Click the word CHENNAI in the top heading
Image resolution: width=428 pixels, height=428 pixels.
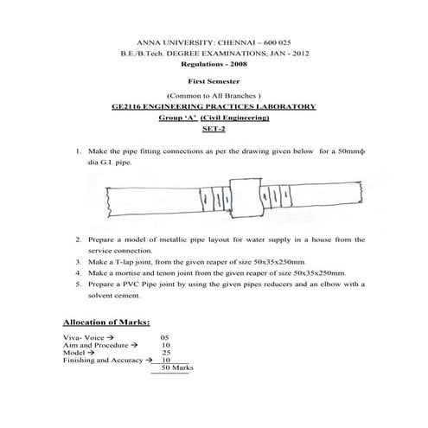(231, 42)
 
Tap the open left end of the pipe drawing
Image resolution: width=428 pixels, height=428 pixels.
(106, 200)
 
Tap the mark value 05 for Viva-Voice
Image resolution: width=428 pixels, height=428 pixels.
(165, 337)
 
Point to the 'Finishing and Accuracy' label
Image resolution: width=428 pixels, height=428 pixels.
(99, 360)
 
